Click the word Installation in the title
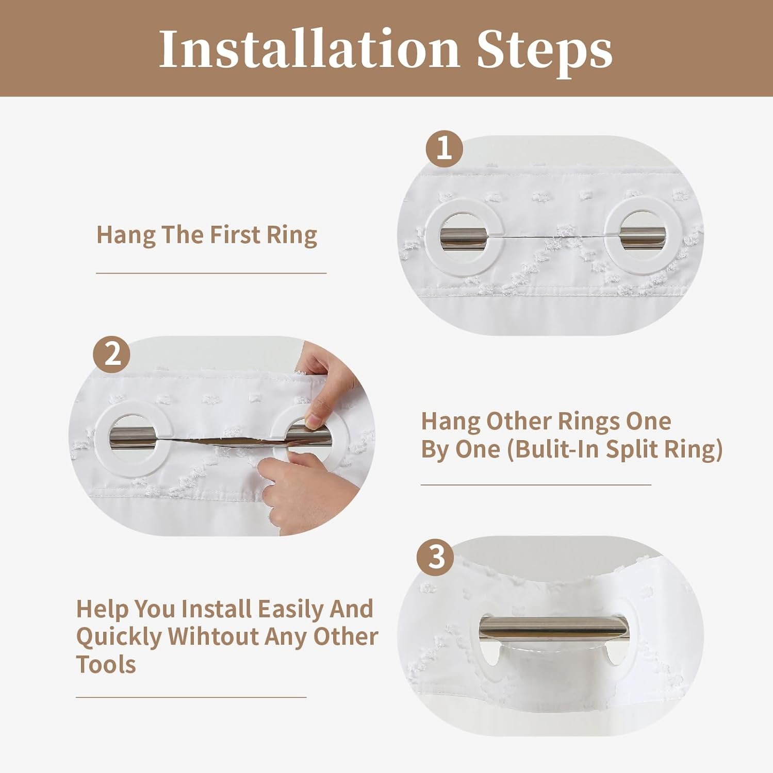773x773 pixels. [309, 48]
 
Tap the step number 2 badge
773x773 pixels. [111, 354]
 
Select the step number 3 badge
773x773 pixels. [436, 557]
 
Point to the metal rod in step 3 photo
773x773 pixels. [554, 628]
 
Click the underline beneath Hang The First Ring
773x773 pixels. [211, 273]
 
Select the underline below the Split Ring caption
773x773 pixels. [536, 484]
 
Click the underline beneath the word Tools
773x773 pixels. [191, 697]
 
